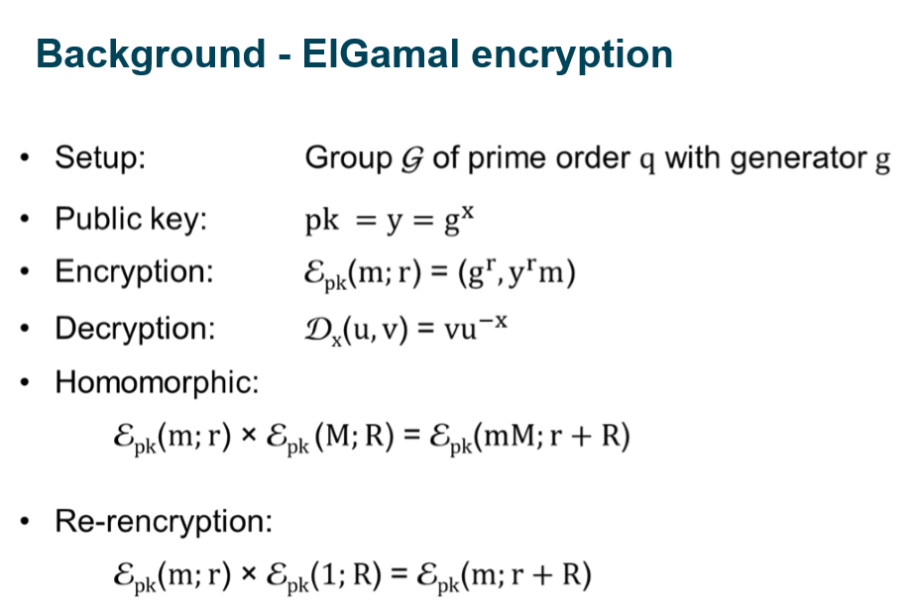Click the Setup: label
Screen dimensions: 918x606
click(x=100, y=158)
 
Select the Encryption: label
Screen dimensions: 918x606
click(x=134, y=272)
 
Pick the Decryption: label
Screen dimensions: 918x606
click(x=135, y=328)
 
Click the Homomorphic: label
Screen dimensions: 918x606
click(x=157, y=382)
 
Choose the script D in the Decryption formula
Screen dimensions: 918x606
click(x=318, y=328)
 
